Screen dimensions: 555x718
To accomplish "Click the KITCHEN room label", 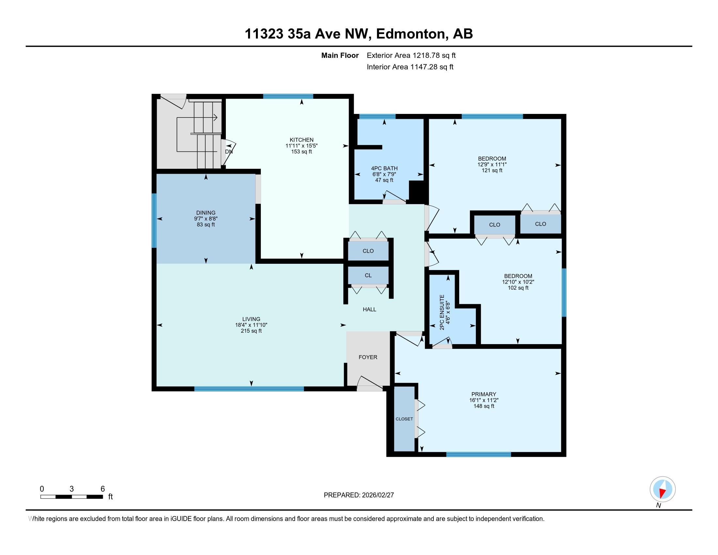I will [302, 140].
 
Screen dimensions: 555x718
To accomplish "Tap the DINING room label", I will [206, 213].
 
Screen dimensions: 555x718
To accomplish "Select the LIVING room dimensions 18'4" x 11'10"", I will [251, 325].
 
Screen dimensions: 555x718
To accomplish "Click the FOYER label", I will [368, 357].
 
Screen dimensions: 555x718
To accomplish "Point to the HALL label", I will [369, 309].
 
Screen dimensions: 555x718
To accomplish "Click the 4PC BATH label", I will [384, 168].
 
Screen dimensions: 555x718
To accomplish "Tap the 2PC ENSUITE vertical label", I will [442, 312].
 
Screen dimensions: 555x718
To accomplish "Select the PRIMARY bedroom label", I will [483, 394].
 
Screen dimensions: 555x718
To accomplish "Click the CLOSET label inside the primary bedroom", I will [404, 419].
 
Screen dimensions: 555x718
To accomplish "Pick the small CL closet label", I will [368, 276].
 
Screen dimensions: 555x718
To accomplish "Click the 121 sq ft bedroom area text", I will [492, 170].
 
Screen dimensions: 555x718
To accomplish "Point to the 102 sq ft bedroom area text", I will [518, 288].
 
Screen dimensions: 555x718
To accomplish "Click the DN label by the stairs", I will [229, 152].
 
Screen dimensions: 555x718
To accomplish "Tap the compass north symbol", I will [663, 490].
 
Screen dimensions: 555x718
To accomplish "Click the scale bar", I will [71, 497].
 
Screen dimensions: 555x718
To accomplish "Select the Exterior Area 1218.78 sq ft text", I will [411, 55].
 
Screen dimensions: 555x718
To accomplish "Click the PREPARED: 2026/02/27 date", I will [359, 495].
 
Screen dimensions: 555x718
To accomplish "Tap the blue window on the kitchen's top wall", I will [288, 96].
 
